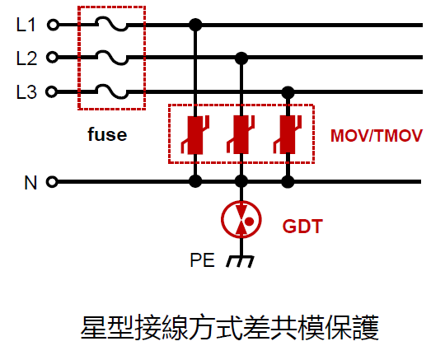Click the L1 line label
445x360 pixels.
(26, 25)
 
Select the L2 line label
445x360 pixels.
(26, 58)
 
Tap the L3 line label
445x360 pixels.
(26, 92)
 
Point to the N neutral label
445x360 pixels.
(30, 182)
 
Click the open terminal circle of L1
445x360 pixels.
(53, 25)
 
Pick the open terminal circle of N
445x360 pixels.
(52, 181)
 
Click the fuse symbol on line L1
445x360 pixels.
(111, 24)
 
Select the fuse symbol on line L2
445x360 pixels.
(111, 58)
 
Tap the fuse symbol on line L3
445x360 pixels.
(111, 91)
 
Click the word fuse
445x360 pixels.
(107, 134)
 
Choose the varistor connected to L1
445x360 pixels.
(195, 135)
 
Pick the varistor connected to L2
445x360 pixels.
(241, 135)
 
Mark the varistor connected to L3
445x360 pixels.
(288, 135)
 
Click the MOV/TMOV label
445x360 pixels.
(377, 136)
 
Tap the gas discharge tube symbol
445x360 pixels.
(241, 219)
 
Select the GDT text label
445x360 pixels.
(302, 226)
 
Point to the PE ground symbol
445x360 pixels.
(240, 261)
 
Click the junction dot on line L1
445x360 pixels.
(195, 25)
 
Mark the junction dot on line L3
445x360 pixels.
(288, 92)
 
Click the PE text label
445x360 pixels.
(202, 259)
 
